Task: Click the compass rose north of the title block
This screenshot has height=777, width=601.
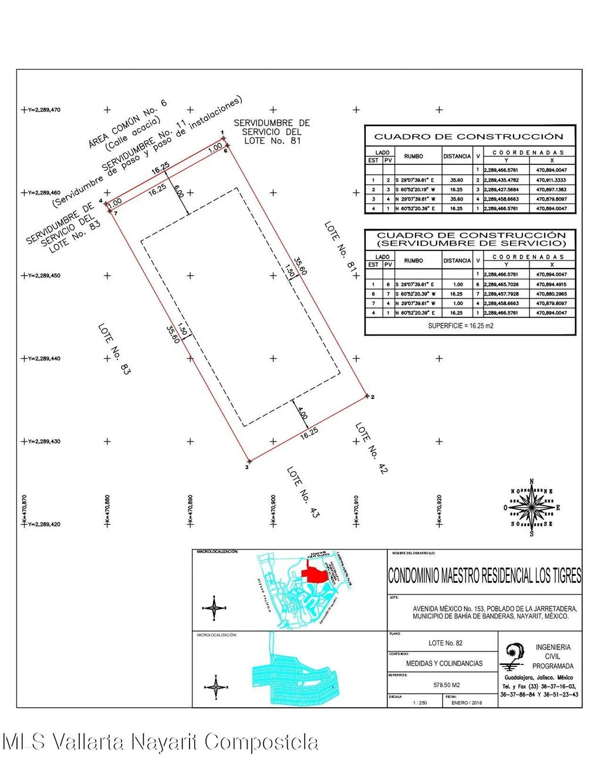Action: click(x=532, y=507)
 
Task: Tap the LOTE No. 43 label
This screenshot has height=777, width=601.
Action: click(x=303, y=492)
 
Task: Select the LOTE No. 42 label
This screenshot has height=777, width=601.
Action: click(x=372, y=448)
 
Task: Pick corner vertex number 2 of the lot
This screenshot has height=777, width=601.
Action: click(x=367, y=396)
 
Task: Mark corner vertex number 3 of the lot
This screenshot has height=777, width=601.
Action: click(x=248, y=463)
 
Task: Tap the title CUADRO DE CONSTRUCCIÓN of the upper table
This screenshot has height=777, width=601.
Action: click(x=468, y=137)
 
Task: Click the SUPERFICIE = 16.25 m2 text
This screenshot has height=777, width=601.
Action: click(x=460, y=325)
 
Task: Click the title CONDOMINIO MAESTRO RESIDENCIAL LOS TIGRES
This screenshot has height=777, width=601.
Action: click(x=484, y=575)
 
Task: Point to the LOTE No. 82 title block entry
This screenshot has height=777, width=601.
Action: click(x=445, y=643)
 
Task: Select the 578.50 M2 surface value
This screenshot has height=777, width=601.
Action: click(x=446, y=685)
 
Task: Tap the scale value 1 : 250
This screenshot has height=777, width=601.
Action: click(x=420, y=703)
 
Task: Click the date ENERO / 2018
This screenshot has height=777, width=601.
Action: click(x=468, y=703)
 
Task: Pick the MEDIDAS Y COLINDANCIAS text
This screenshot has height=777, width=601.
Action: click(x=444, y=663)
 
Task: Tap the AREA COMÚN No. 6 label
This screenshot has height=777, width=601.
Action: click(x=128, y=124)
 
